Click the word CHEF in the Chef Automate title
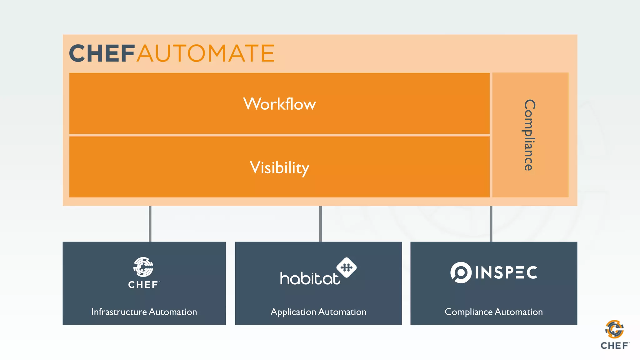102,53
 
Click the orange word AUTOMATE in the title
206,53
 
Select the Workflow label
279,104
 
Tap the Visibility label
279,167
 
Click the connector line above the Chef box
150,224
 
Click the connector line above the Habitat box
320,224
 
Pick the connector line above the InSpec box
491,224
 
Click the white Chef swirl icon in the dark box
143,267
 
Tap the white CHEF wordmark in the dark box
143,285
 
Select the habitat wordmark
309,278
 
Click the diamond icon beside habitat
346,267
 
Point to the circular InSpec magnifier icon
461,272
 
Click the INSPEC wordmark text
506,272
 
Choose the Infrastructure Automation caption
144,312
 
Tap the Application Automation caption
318,312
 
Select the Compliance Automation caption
493,312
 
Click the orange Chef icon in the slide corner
614,329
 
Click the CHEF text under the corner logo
614,346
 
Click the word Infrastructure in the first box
119,312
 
